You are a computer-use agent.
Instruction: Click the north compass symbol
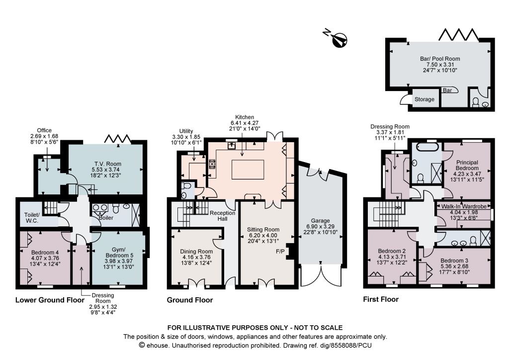(340, 40)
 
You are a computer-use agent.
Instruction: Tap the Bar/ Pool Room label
(440, 59)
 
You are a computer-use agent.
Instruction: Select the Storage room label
(424, 99)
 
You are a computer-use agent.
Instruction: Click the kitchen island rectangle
(248, 169)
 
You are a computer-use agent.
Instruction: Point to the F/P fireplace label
(280, 251)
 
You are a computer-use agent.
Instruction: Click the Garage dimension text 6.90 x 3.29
(320, 226)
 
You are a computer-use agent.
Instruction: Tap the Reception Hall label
(222, 216)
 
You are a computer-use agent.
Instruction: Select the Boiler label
(106, 218)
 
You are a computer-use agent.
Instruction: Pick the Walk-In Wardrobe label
(464, 206)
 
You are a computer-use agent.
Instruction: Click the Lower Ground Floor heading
(50, 300)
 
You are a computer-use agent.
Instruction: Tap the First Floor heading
(381, 299)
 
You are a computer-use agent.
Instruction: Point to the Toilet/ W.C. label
(32, 217)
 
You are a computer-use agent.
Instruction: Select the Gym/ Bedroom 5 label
(118, 252)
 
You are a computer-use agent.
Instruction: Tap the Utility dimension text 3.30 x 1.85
(186, 137)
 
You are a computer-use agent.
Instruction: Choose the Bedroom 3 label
(454, 261)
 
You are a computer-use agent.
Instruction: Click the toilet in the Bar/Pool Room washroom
(476, 102)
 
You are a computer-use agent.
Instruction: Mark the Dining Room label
(196, 251)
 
